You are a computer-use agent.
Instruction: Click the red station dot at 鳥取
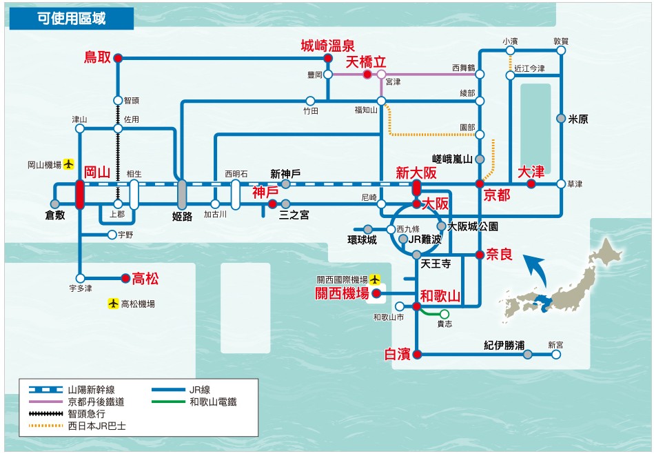click(118, 59)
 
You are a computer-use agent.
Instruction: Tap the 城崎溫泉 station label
click(328, 46)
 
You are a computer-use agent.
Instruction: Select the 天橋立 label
click(366, 62)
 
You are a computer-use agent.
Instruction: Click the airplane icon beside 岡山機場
click(68, 164)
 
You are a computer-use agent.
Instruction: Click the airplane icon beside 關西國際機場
click(374, 279)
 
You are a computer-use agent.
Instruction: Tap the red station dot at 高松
click(125, 279)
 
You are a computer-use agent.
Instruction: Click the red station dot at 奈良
click(478, 255)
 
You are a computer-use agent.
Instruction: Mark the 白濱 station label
click(398, 354)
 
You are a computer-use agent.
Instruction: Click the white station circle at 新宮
click(556, 355)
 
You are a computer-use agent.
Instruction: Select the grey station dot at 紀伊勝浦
click(527, 355)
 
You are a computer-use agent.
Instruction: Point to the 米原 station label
click(578, 119)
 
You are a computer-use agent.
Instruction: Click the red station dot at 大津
click(531, 184)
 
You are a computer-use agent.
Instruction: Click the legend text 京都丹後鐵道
click(96, 402)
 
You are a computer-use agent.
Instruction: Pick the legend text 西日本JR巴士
click(97, 426)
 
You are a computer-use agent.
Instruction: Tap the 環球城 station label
click(362, 239)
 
